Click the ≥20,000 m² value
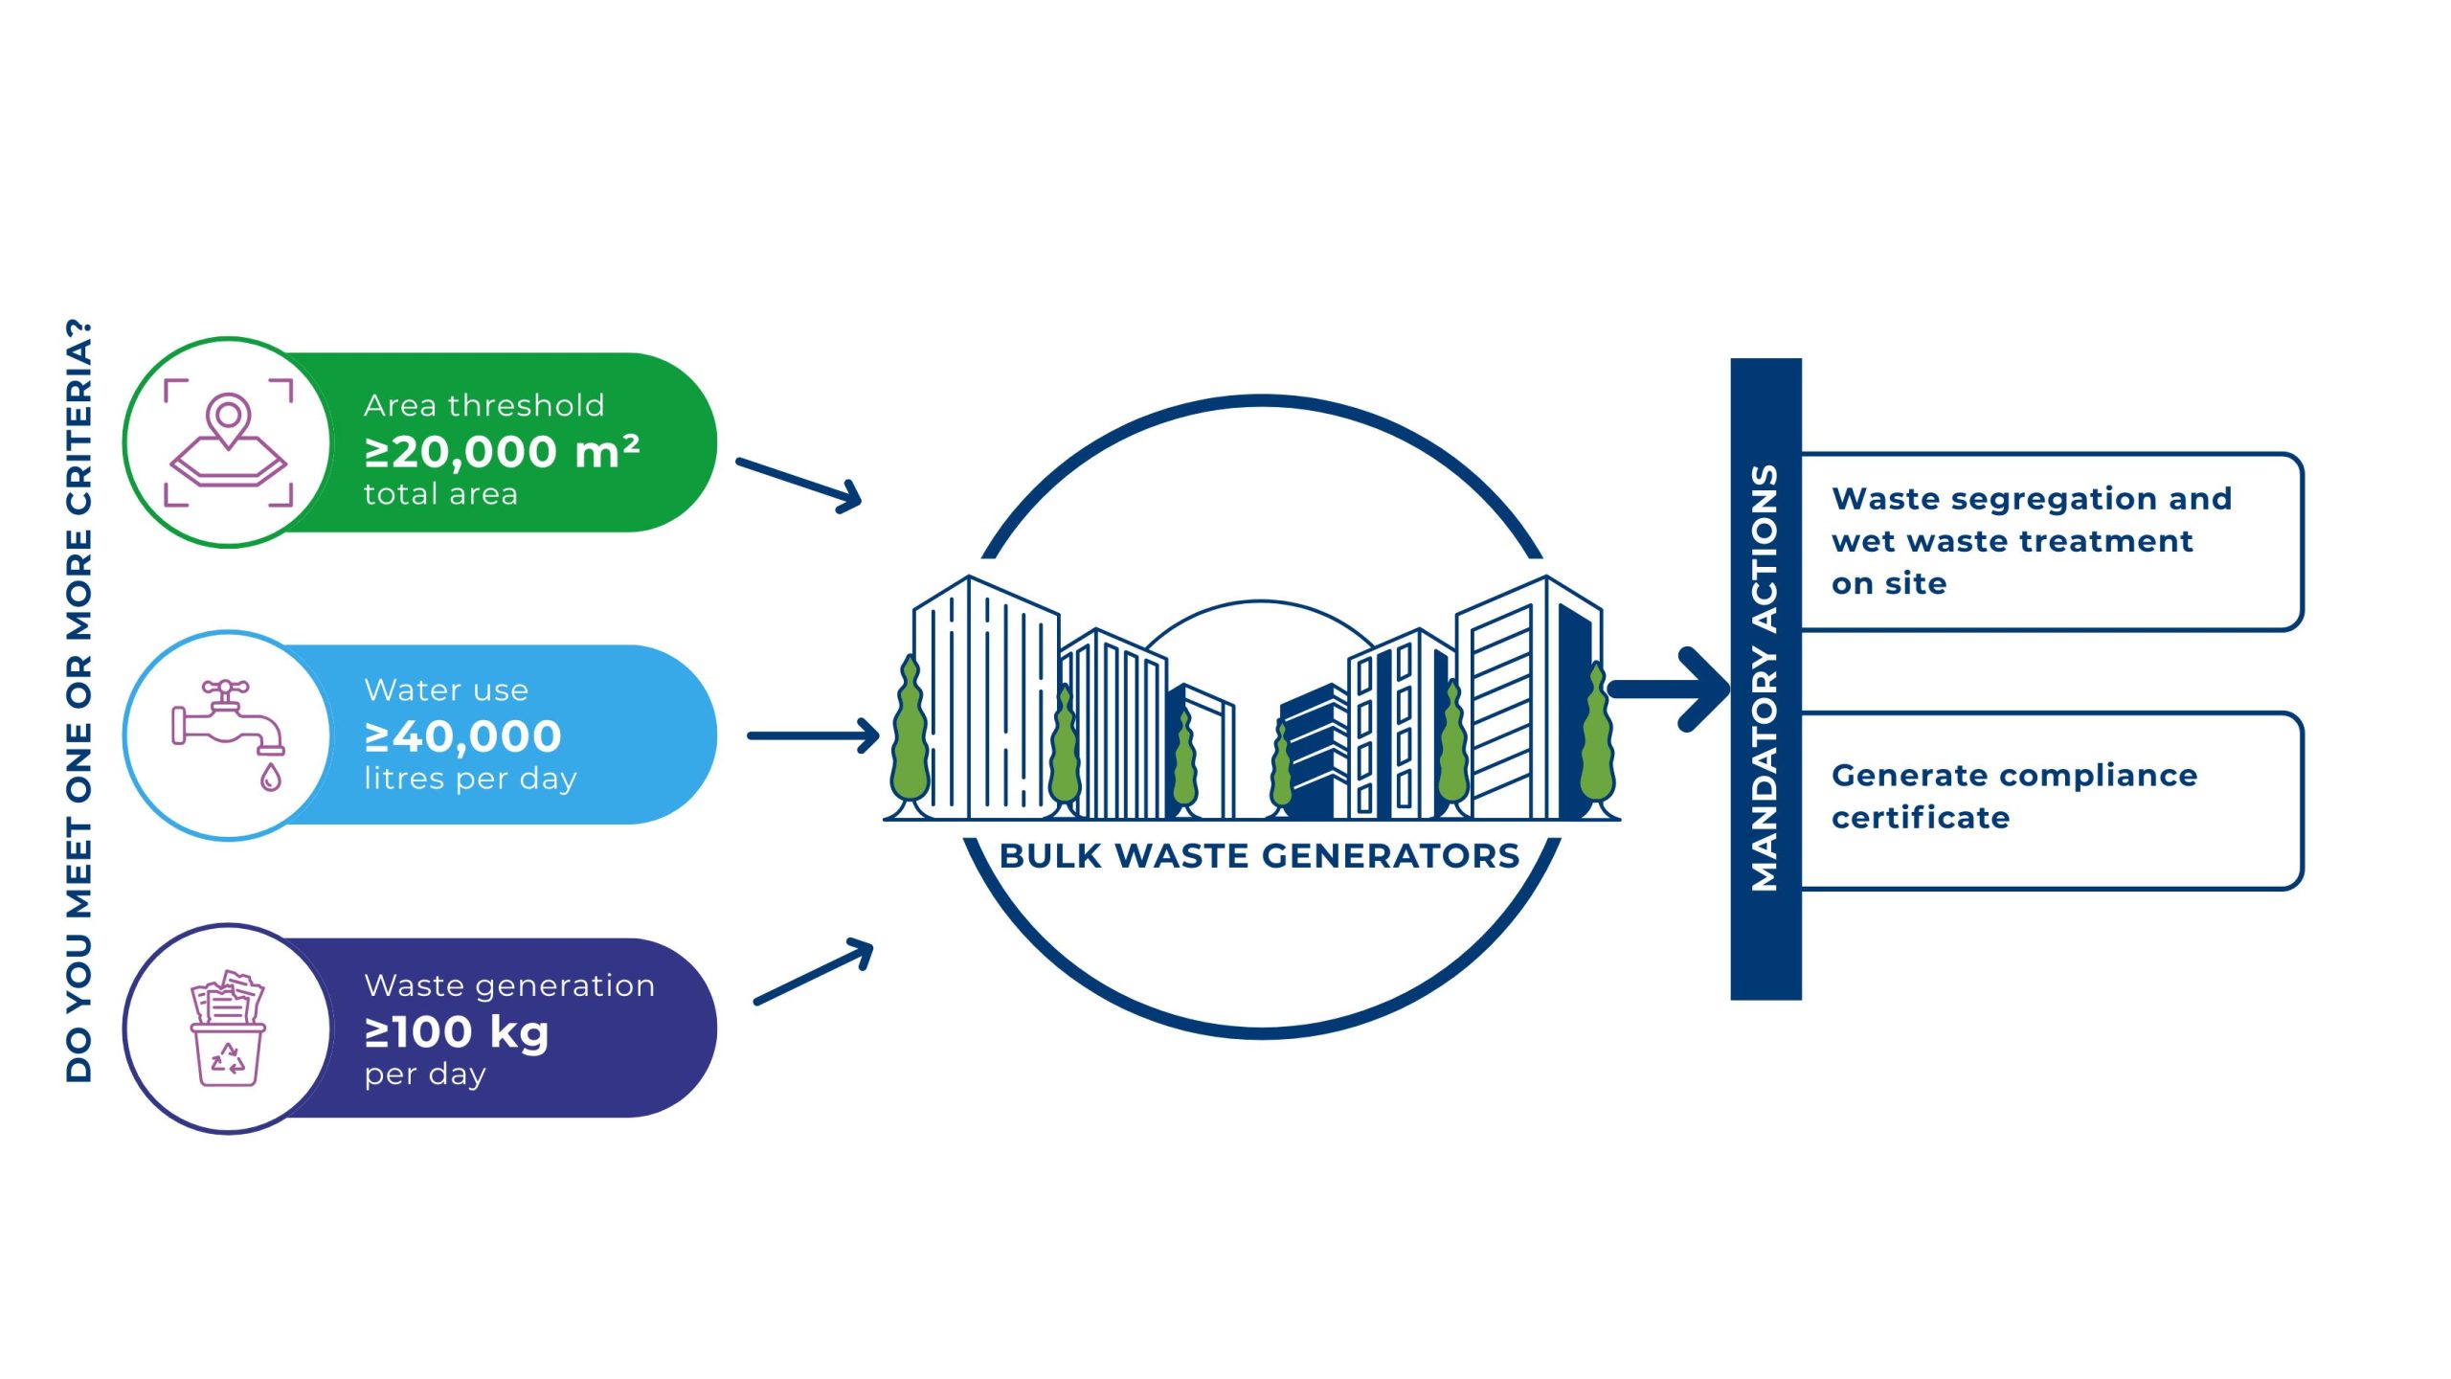(x=502, y=452)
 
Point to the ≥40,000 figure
(x=463, y=736)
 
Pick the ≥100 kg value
(x=457, y=1032)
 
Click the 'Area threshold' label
(x=483, y=405)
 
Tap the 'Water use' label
(x=446, y=689)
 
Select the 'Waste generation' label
(x=509, y=985)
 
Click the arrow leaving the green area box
(x=798, y=484)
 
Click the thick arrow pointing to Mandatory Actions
(x=1671, y=689)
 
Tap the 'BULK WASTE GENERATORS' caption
(x=1259, y=855)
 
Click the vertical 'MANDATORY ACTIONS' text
(x=1765, y=678)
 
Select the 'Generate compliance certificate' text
(x=2013, y=796)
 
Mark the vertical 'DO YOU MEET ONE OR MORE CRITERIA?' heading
(x=79, y=700)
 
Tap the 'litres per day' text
(x=470, y=779)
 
